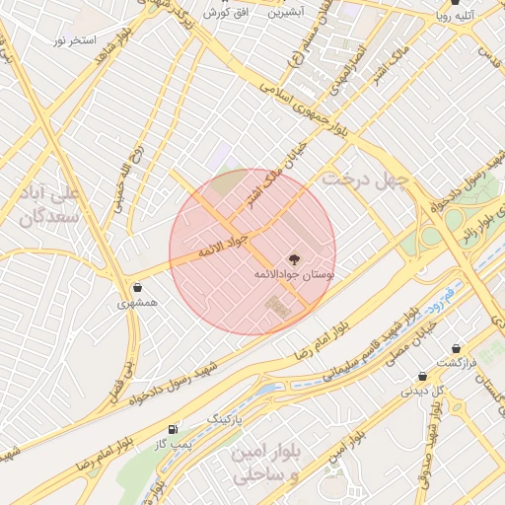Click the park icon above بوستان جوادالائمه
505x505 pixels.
click(294, 258)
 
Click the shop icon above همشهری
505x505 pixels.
click(136, 288)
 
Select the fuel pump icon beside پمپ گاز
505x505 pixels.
click(175, 429)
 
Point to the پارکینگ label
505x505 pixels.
click(222, 420)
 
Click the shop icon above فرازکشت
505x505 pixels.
click(456, 349)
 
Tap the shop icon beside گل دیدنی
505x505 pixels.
click(422, 376)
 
